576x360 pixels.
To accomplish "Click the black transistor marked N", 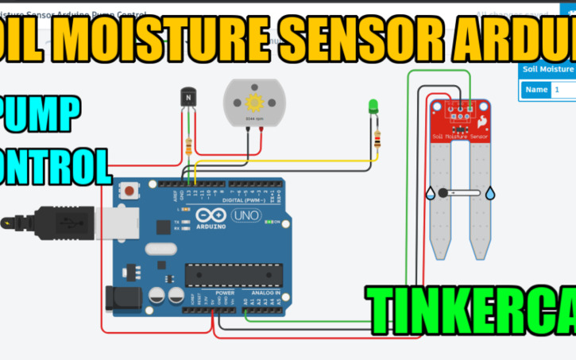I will point(187,98).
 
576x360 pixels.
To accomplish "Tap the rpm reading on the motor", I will point(255,118).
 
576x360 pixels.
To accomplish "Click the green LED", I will point(373,106).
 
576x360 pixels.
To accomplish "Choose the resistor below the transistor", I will point(188,146).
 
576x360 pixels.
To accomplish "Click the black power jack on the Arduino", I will point(127,298).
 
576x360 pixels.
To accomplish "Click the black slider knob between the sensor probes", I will point(443,193).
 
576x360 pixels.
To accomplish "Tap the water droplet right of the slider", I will point(489,193).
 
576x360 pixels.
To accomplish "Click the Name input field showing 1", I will point(563,90).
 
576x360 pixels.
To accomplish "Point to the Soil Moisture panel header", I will point(547,69).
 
